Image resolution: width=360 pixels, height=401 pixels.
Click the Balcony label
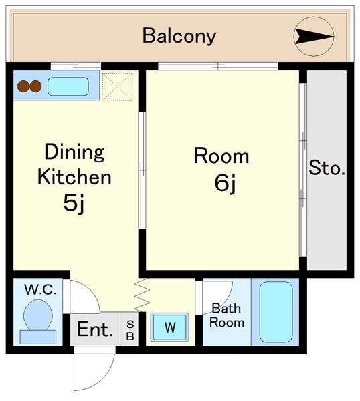click(179, 36)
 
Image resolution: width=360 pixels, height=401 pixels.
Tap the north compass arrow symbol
click(314, 36)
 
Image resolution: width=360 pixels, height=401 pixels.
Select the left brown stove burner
click(23, 86)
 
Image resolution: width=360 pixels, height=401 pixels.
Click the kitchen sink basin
click(68, 86)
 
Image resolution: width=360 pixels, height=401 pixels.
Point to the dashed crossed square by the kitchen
click(117, 86)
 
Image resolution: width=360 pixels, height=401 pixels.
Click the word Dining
click(74, 152)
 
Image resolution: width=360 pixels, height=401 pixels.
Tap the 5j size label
click(74, 203)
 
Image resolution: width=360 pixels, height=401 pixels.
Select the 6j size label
click(225, 183)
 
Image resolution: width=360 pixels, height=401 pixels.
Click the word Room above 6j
click(221, 156)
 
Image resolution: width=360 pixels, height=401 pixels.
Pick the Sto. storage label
click(327, 168)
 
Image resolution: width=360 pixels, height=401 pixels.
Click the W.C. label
click(40, 290)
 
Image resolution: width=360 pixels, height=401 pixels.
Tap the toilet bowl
click(38, 315)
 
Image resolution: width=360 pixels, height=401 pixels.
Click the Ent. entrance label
click(95, 329)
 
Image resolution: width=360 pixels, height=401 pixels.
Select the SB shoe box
click(130, 329)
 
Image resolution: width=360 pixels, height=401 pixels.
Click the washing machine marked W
click(170, 327)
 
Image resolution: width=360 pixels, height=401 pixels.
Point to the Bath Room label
click(227, 315)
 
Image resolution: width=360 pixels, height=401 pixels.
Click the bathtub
click(276, 311)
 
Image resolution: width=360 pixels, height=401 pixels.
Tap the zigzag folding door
click(142, 295)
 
